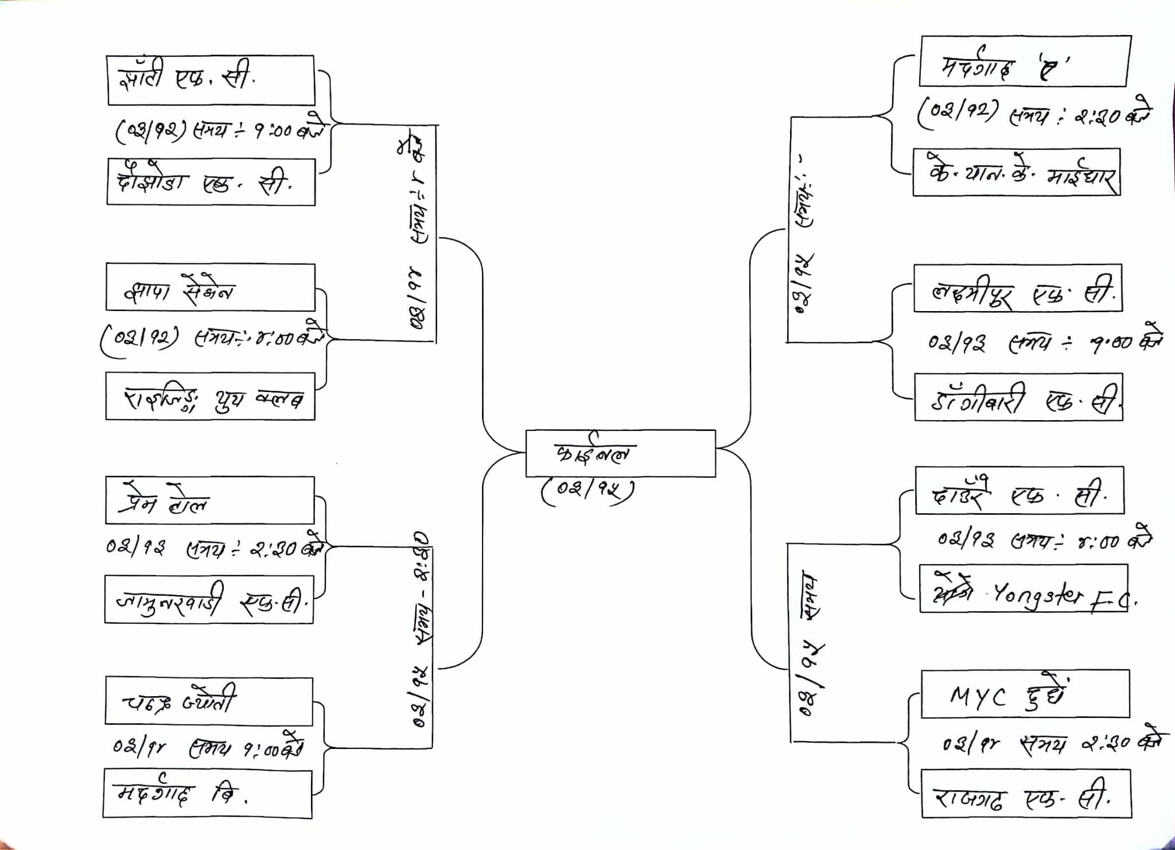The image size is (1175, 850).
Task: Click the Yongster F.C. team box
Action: pyautogui.click(x=1024, y=589)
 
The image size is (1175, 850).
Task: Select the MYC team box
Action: pyautogui.click(x=1025, y=693)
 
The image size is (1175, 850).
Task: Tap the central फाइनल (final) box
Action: pyautogui.click(x=620, y=453)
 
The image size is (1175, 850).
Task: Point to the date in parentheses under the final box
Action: pyautogui.click(x=587, y=490)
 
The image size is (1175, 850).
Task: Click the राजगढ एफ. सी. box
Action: pyautogui.click(x=1026, y=794)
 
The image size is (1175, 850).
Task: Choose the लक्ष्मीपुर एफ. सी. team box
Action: pyautogui.click(x=1018, y=288)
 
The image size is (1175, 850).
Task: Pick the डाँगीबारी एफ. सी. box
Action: pyautogui.click(x=1018, y=398)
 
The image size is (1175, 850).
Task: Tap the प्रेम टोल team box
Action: pyautogui.click(x=210, y=500)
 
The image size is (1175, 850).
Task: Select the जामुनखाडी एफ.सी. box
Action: pyautogui.click(x=209, y=599)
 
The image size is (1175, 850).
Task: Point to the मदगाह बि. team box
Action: pyautogui.click(x=208, y=794)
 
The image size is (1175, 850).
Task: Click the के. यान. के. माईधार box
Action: pyautogui.click(x=1016, y=173)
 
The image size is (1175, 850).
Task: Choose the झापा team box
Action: pyautogui.click(x=211, y=288)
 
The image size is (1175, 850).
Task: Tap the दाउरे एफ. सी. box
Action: pyautogui.click(x=1020, y=490)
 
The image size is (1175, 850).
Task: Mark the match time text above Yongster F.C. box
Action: pyautogui.click(x=1044, y=540)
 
